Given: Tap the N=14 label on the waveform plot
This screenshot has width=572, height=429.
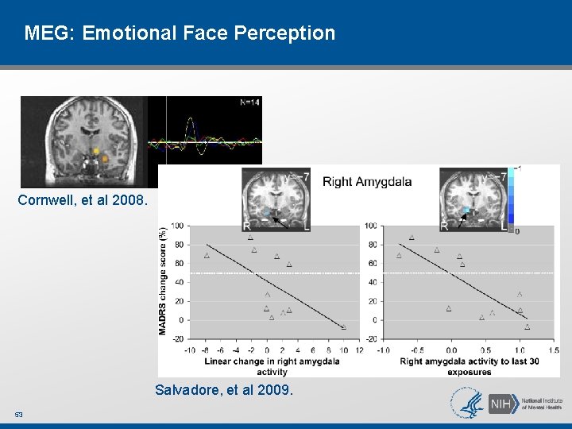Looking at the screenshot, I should point(249,102).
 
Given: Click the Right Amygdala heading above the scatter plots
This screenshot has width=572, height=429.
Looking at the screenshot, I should point(367,182).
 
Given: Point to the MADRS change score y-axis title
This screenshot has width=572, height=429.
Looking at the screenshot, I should point(163,280).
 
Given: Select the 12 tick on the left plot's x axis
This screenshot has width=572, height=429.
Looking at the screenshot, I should point(358,350).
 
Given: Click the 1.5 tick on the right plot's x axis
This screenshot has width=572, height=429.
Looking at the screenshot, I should point(553,350).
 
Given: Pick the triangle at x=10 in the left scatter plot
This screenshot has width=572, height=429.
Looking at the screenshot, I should point(343,327).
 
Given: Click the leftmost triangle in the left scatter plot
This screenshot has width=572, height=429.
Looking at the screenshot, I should point(207,256).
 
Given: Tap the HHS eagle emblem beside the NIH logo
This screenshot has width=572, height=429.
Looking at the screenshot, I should point(467,403).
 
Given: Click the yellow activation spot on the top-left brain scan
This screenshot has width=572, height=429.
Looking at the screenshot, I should point(96,151).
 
